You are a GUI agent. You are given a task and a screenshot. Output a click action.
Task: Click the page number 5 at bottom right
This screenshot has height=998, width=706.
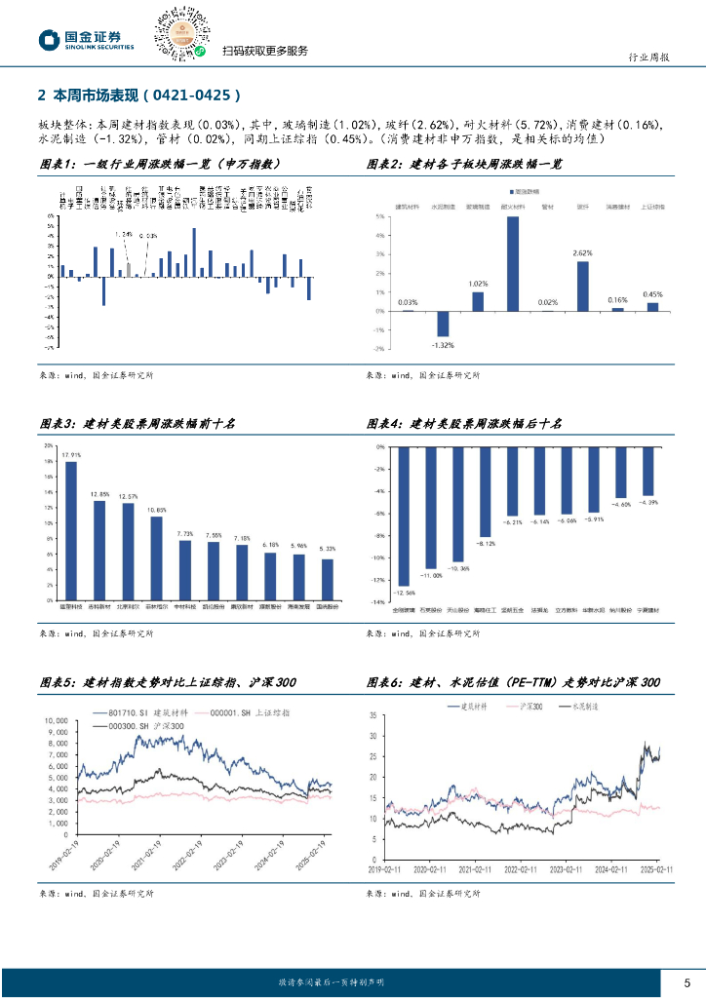coord(686,981)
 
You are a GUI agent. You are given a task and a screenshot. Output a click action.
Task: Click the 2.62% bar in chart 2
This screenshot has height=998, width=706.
coord(582,286)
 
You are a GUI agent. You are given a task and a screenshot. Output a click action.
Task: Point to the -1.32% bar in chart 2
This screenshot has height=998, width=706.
coord(442,324)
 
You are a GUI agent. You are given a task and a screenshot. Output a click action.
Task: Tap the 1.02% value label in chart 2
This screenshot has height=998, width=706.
coord(477,284)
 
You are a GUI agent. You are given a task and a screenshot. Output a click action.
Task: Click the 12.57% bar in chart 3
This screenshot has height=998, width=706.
coord(128,551)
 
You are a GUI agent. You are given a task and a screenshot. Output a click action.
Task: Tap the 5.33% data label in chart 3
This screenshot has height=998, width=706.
coord(328,549)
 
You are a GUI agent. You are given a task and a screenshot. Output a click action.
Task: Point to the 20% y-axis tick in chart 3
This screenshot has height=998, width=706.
coord(49,445)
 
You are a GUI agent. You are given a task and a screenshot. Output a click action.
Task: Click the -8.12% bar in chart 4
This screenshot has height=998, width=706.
coord(485,491)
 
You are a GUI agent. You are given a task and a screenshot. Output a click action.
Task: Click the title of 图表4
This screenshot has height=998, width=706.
coord(464,424)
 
